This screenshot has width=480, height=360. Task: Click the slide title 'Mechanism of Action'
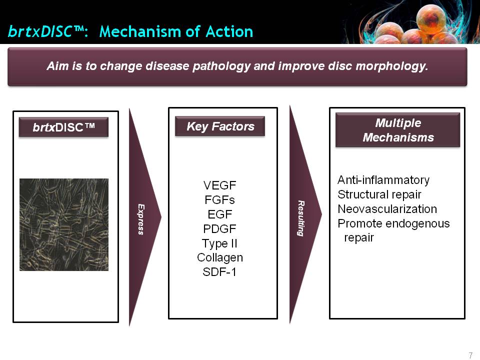[x=176, y=32]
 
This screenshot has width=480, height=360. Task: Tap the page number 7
[x=470, y=355]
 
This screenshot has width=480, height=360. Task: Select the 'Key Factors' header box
[x=220, y=126]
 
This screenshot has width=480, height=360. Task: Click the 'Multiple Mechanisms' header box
[x=397, y=130]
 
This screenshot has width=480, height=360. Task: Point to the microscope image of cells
[x=64, y=224]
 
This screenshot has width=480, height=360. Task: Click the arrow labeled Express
[x=144, y=217]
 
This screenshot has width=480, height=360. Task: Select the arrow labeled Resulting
[x=304, y=214]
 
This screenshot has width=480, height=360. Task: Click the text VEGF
[x=220, y=185]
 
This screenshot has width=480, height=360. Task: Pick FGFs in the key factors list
[x=220, y=200]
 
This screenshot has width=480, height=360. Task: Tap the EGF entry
[x=220, y=214]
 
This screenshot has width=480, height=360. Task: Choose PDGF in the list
[x=220, y=228]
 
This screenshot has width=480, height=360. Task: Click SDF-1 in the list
[x=219, y=272]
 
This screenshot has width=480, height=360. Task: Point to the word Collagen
[x=220, y=258]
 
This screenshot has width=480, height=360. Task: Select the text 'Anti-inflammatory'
[x=383, y=180]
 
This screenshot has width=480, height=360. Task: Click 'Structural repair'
[x=379, y=194]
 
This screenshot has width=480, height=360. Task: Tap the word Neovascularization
[x=387, y=209]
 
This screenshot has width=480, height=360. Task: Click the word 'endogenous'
[x=417, y=224]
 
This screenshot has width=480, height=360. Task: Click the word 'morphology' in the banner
[x=378, y=66]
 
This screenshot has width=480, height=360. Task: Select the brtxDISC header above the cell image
[x=63, y=127]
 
